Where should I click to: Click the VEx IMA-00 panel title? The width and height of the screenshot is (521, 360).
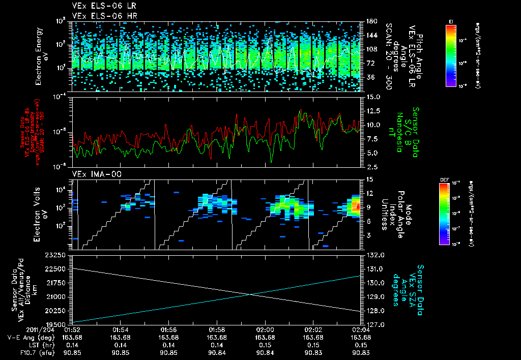[92, 174]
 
